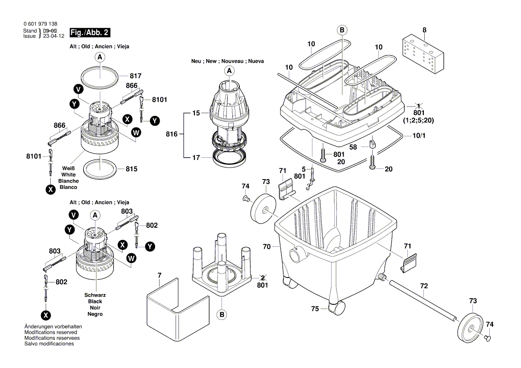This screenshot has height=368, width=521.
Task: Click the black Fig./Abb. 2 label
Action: (x=87, y=33)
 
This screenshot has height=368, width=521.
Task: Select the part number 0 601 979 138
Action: (x=40, y=24)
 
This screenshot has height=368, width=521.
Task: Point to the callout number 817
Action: (x=135, y=76)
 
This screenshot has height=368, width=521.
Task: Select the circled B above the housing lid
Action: (x=342, y=30)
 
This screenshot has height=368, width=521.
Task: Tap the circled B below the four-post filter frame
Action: (x=222, y=315)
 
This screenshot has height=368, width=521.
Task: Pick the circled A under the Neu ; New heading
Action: (x=230, y=71)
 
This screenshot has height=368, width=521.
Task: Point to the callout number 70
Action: (x=267, y=246)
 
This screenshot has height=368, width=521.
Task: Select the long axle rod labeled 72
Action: (x=421, y=301)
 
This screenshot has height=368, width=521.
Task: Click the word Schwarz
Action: (x=95, y=295)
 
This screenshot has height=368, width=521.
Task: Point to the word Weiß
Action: (x=68, y=168)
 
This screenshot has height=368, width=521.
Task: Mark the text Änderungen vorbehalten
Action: (x=53, y=327)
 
